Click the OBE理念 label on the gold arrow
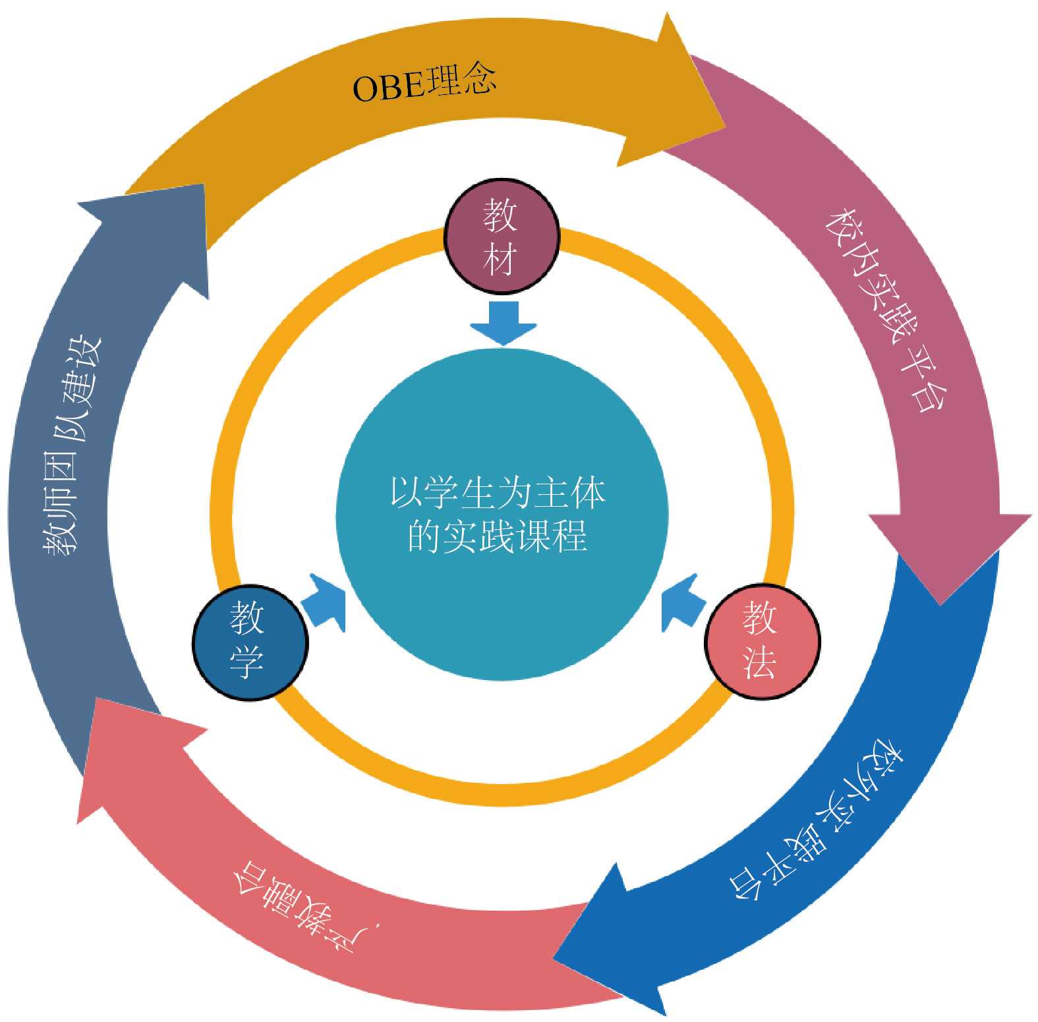(424, 84)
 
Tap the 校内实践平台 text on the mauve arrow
(887, 310)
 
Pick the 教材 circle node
(502, 235)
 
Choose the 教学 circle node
(250, 641)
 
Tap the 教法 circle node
(762, 640)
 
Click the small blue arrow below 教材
(504, 322)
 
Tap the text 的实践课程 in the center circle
(498, 536)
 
